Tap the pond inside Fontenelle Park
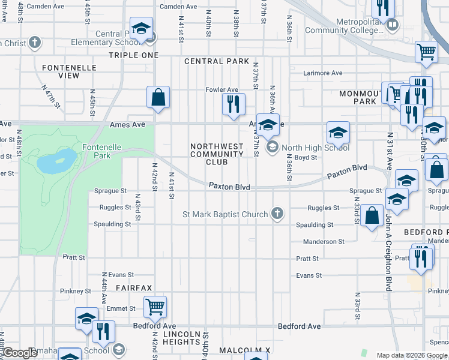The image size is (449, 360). pyautogui.click(x=56, y=161)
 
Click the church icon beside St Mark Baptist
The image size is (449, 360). pyautogui.click(x=277, y=214)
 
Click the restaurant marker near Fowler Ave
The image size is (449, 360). pyautogui.click(x=234, y=103)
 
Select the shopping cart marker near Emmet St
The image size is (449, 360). pyautogui.click(x=155, y=307)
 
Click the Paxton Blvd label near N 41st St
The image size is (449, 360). pyautogui.click(x=229, y=187)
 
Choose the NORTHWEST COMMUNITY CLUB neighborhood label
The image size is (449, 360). pyautogui.click(x=217, y=154)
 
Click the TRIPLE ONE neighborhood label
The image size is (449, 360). pyautogui.click(x=133, y=55)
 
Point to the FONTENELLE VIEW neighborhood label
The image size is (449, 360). pyautogui.click(x=68, y=71)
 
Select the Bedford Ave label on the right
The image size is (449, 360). pyautogui.click(x=299, y=326)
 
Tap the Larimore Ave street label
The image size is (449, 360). pyautogui.click(x=322, y=73)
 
